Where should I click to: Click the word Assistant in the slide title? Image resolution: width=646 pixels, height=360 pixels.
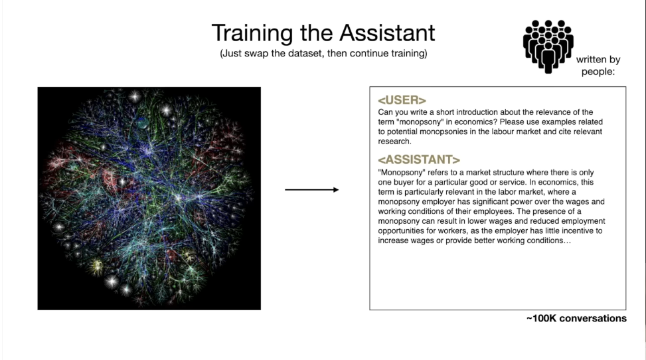click(x=387, y=33)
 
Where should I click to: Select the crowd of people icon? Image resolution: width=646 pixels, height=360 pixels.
click(x=548, y=46)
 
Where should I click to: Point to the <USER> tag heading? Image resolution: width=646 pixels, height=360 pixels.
click(x=402, y=100)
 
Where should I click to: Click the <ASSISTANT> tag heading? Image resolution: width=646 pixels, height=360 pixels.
click(x=419, y=159)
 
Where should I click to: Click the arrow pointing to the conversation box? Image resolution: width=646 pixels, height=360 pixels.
click(x=312, y=190)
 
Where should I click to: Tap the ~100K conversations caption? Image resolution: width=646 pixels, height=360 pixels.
click(x=576, y=318)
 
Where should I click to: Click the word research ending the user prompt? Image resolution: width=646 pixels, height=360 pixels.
click(x=394, y=141)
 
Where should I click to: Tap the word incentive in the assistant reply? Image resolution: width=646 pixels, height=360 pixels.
click(x=576, y=231)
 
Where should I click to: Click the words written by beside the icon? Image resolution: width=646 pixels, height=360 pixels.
click(x=598, y=59)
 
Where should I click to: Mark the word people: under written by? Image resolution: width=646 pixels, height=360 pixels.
click(x=598, y=72)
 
